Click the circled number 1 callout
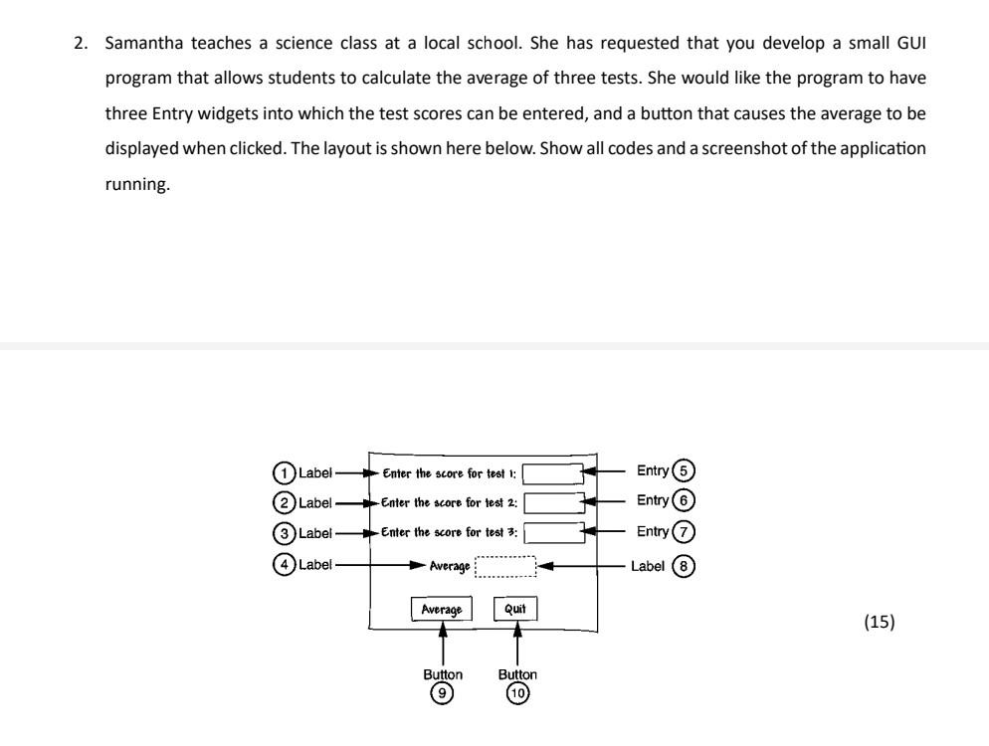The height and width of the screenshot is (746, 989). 286,471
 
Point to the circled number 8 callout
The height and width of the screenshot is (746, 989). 684,566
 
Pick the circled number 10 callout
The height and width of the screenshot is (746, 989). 517,693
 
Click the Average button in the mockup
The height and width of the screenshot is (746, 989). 442,609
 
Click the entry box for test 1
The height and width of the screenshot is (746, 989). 553,473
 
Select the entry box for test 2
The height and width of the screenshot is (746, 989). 553,503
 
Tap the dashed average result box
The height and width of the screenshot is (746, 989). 506,566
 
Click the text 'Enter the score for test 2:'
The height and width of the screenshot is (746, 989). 448,503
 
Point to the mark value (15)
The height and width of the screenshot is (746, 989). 880,623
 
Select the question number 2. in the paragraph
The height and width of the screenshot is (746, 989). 84,43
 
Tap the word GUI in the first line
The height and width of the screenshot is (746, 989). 912,43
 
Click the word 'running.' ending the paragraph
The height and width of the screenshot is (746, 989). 137,184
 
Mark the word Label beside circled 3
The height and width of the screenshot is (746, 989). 314,534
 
